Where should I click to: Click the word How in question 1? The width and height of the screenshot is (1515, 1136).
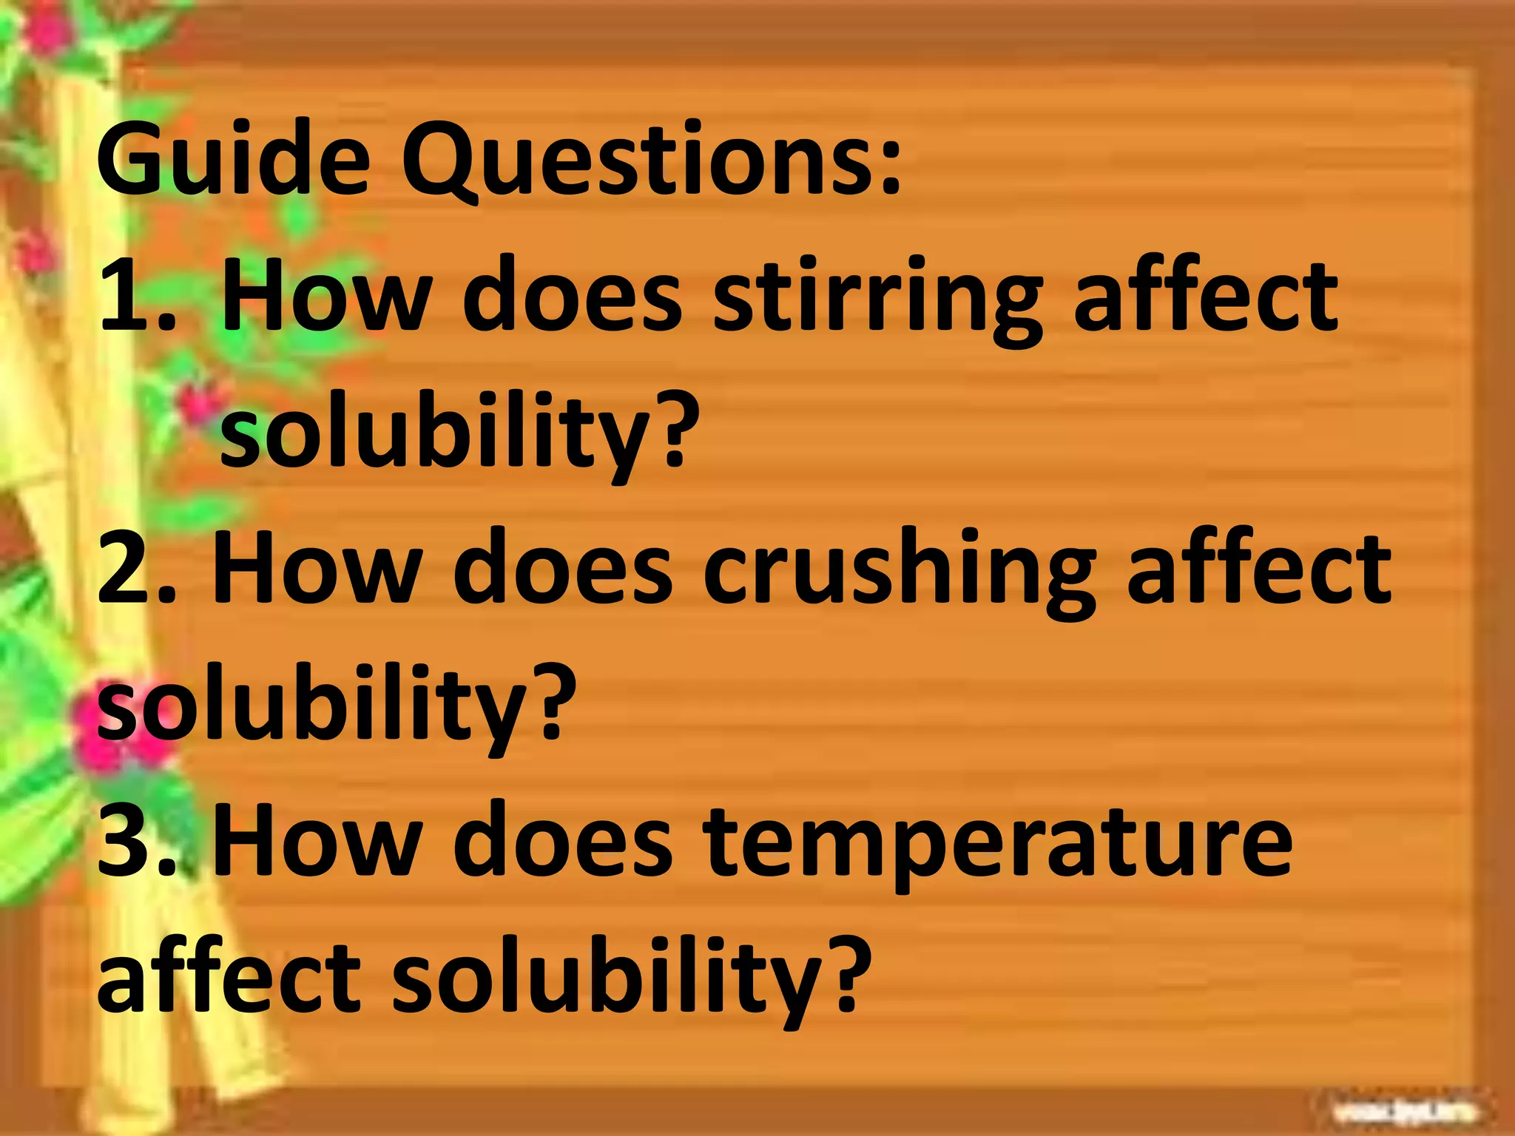[325, 296]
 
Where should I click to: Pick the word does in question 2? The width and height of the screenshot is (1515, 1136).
[562, 569]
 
